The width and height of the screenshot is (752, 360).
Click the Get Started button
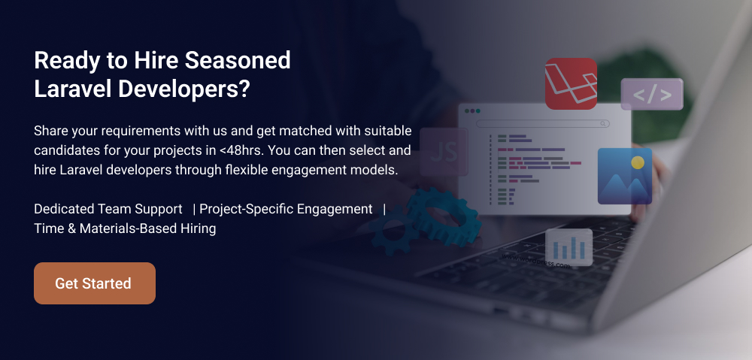point(94,283)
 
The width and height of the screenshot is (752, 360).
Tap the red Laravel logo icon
point(571,83)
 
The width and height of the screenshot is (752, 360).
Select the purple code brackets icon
point(651,95)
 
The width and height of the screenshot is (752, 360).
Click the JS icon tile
point(444,152)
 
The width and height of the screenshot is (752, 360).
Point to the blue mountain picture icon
point(624,176)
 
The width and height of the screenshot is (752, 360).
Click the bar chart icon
point(569,247)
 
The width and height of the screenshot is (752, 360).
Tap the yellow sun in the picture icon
point(638,162)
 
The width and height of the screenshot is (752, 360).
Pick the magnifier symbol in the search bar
point(603,123)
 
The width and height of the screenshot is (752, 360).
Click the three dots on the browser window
point(472,111)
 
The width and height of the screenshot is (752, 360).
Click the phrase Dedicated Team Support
point(108,208)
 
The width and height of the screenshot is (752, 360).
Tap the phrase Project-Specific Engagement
point(286,208)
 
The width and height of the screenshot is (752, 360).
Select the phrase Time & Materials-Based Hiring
point(125,228)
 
